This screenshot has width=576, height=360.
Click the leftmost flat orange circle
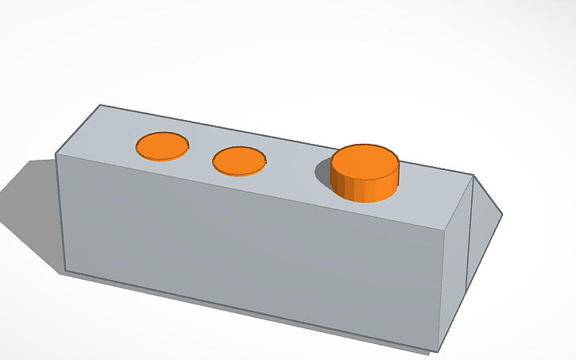163,146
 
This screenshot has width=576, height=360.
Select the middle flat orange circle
239,161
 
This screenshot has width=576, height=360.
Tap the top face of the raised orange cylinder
365,162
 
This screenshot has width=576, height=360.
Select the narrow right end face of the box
452,262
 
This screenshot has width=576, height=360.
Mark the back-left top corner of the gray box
99,105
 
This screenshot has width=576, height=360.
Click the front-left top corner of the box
56,154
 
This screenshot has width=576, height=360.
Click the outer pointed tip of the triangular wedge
503,214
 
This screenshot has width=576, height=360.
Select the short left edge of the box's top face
77,130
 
